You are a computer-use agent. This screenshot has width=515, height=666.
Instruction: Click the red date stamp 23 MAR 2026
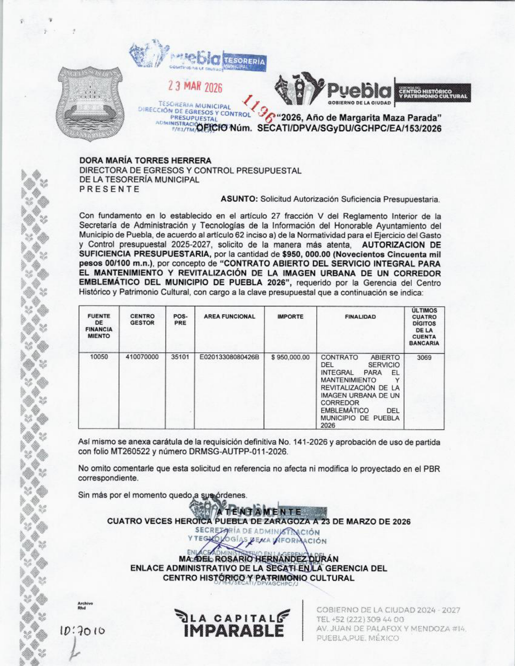coord(195,87)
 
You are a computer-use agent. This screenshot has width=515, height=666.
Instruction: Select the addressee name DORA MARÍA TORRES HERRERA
coord(145,161)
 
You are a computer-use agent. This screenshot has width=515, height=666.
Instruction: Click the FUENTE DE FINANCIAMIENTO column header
coord(99,326)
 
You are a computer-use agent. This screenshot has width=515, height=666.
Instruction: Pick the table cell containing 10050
coord(99,357)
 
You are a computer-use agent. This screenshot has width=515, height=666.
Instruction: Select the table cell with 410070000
coord(142,357)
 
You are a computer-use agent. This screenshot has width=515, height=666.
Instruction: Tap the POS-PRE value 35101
coord(180,357)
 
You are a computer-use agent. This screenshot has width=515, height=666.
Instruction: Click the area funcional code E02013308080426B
coord(229,357)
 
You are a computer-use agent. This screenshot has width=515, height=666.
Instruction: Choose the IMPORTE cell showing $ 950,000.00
coord(290,357)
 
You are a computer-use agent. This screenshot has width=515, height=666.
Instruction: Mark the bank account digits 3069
coord(424,357)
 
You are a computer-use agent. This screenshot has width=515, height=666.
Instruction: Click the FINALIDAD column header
coord(360,317)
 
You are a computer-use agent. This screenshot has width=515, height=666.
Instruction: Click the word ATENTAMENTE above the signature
coord(259,512)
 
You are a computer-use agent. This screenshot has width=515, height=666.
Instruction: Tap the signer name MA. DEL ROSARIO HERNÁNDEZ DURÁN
coord(259,559)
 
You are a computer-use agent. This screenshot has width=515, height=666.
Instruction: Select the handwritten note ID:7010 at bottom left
coord(83,630)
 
